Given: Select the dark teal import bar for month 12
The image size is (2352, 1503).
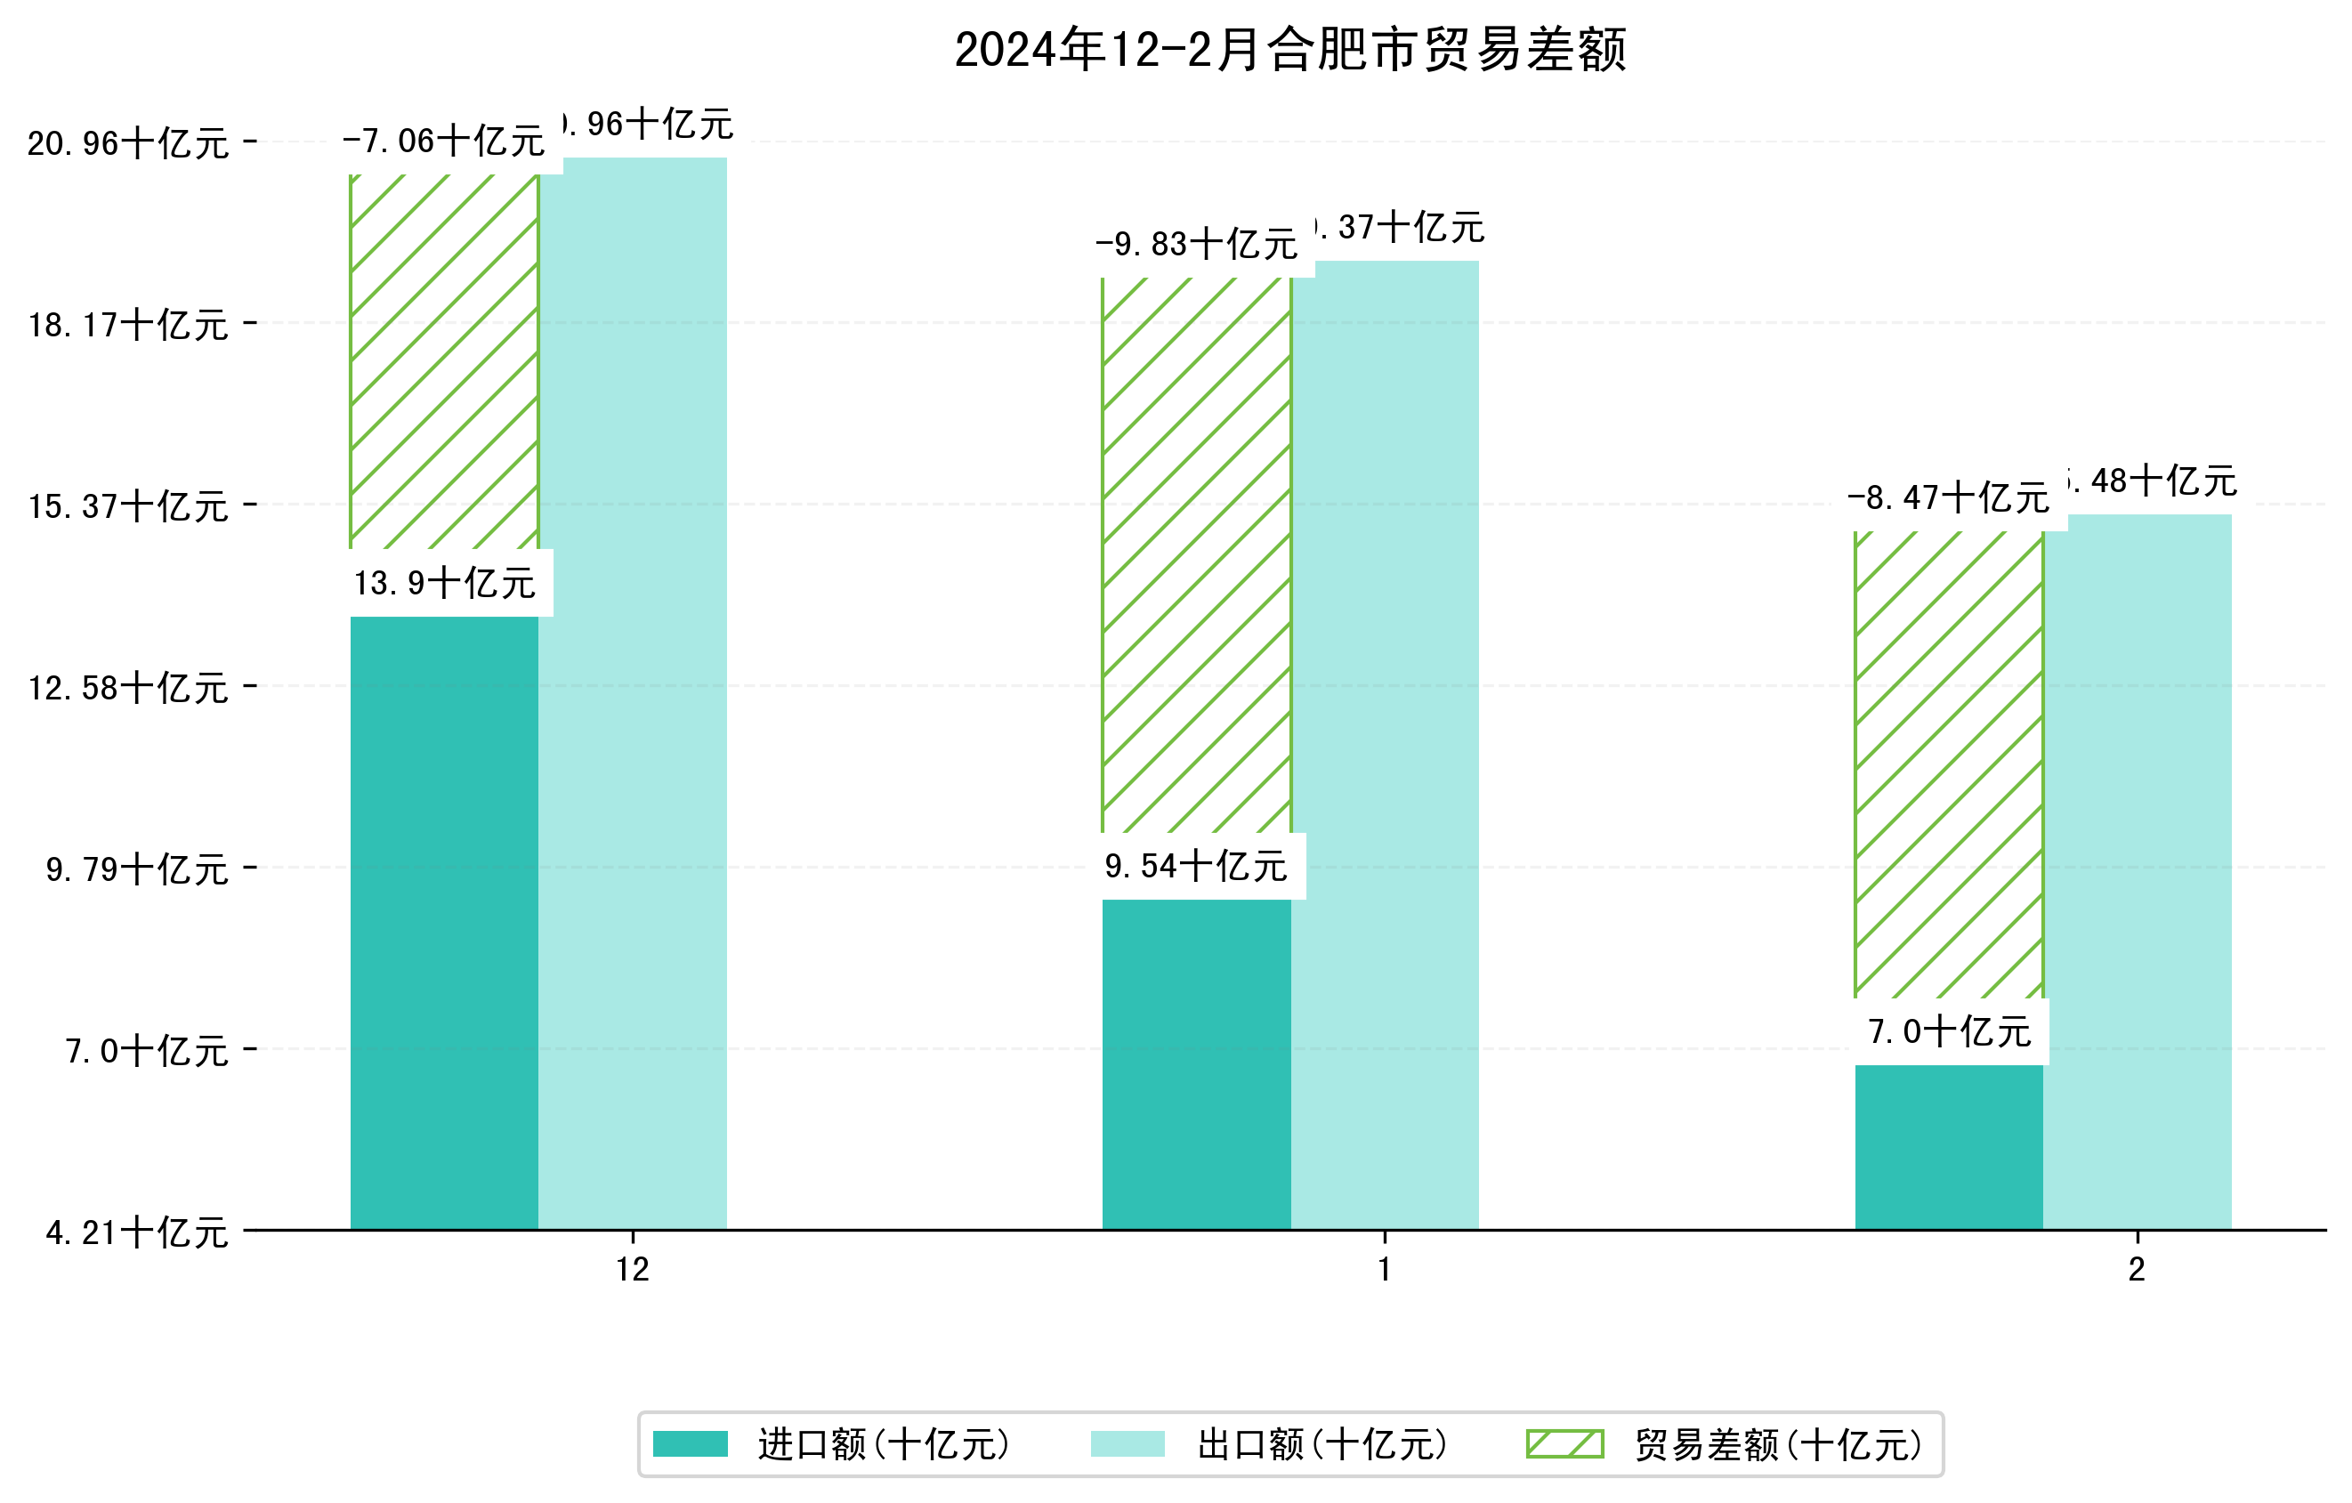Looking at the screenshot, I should click(444, 923).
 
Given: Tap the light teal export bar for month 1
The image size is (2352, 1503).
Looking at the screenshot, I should click(1385, 742).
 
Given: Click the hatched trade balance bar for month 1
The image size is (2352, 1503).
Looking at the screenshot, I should click(1197, 557).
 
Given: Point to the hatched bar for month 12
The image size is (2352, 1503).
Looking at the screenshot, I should click(444, 361).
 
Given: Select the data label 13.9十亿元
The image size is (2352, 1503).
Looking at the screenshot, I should click(444, 583).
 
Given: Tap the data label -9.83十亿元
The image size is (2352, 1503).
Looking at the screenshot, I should click(1197, 244).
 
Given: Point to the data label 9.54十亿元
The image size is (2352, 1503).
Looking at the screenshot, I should click(1197, 866).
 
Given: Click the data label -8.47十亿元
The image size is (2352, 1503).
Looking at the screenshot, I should click(1949, 498).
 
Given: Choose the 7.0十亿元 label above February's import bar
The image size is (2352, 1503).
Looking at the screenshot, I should click(1950, 1031).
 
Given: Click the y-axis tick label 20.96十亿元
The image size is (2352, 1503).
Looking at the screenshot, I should click(128, 143).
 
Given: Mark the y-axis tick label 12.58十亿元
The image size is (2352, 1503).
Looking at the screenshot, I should click(128, 688).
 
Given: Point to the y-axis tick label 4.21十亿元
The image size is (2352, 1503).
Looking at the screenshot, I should click(137, 1232).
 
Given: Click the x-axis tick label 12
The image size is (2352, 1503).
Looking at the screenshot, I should click(633, 1270).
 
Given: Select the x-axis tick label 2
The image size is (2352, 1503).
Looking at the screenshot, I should click(2138, 1270).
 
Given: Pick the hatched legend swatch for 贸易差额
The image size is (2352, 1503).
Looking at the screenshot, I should click(1564, 1443).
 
